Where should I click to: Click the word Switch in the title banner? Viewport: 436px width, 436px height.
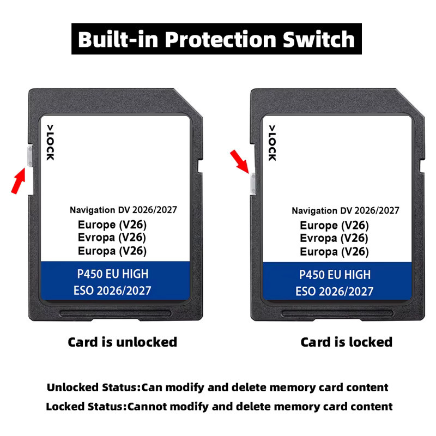click(x=319, y=39)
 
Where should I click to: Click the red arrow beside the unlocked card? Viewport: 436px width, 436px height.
click(x=19, y=180)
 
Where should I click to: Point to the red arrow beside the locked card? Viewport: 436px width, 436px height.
click(x=239, y=161)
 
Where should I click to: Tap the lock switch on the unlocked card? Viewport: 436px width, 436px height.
click(x=30, y=156)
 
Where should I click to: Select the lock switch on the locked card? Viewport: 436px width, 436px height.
click(x=253, y=183)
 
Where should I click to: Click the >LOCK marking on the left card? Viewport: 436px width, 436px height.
click(x=50, y=142)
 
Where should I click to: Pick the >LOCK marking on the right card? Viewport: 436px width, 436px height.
click(x=272, y=143)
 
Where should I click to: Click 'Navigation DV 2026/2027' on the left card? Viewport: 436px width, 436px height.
click(x=123, y=210)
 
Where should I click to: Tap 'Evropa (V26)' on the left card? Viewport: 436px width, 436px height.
click(x=112, y=238)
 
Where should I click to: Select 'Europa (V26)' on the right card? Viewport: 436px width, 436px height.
click(x=334, y=252)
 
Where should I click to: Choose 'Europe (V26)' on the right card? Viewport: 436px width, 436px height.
click(x=334, y=226)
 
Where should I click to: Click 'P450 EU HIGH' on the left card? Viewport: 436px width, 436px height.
click(x=113, y=274)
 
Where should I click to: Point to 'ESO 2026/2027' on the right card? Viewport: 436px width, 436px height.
click(x=334, y=292)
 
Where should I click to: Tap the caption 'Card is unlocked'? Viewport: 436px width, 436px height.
click(x=122, y=342)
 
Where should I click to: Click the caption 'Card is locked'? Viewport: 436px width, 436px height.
click(x=347, y=342)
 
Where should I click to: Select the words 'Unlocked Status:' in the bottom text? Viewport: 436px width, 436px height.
click(x=94, y=387)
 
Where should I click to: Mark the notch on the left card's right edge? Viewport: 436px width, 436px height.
click(x=200, y=166)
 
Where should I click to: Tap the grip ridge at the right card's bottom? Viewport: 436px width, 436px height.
click(x=337, y=313)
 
